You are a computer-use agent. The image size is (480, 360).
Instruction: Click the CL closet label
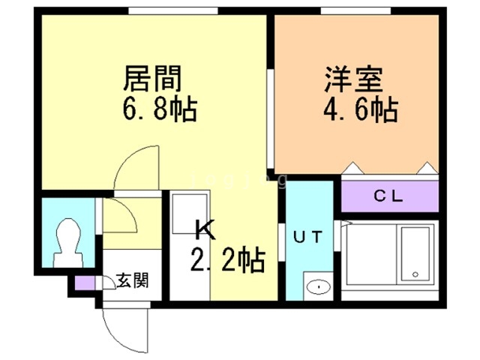pos(388,197)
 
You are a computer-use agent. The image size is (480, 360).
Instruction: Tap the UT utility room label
pos(307,238)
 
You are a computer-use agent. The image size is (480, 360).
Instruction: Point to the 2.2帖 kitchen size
pos(226,261)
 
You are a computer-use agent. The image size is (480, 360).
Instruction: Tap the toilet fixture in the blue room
pos(67,240)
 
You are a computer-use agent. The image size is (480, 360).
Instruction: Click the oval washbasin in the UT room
pos(318,286)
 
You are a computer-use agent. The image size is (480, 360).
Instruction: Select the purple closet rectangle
pos(388,197)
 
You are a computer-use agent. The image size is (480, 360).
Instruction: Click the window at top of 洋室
pos(355,10)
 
